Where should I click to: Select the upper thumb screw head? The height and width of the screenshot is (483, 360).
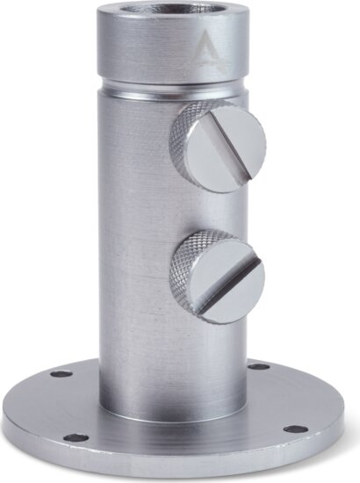click(x=227, y=146)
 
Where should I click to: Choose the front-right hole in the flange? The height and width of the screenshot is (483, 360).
click(x=295, y=429)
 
